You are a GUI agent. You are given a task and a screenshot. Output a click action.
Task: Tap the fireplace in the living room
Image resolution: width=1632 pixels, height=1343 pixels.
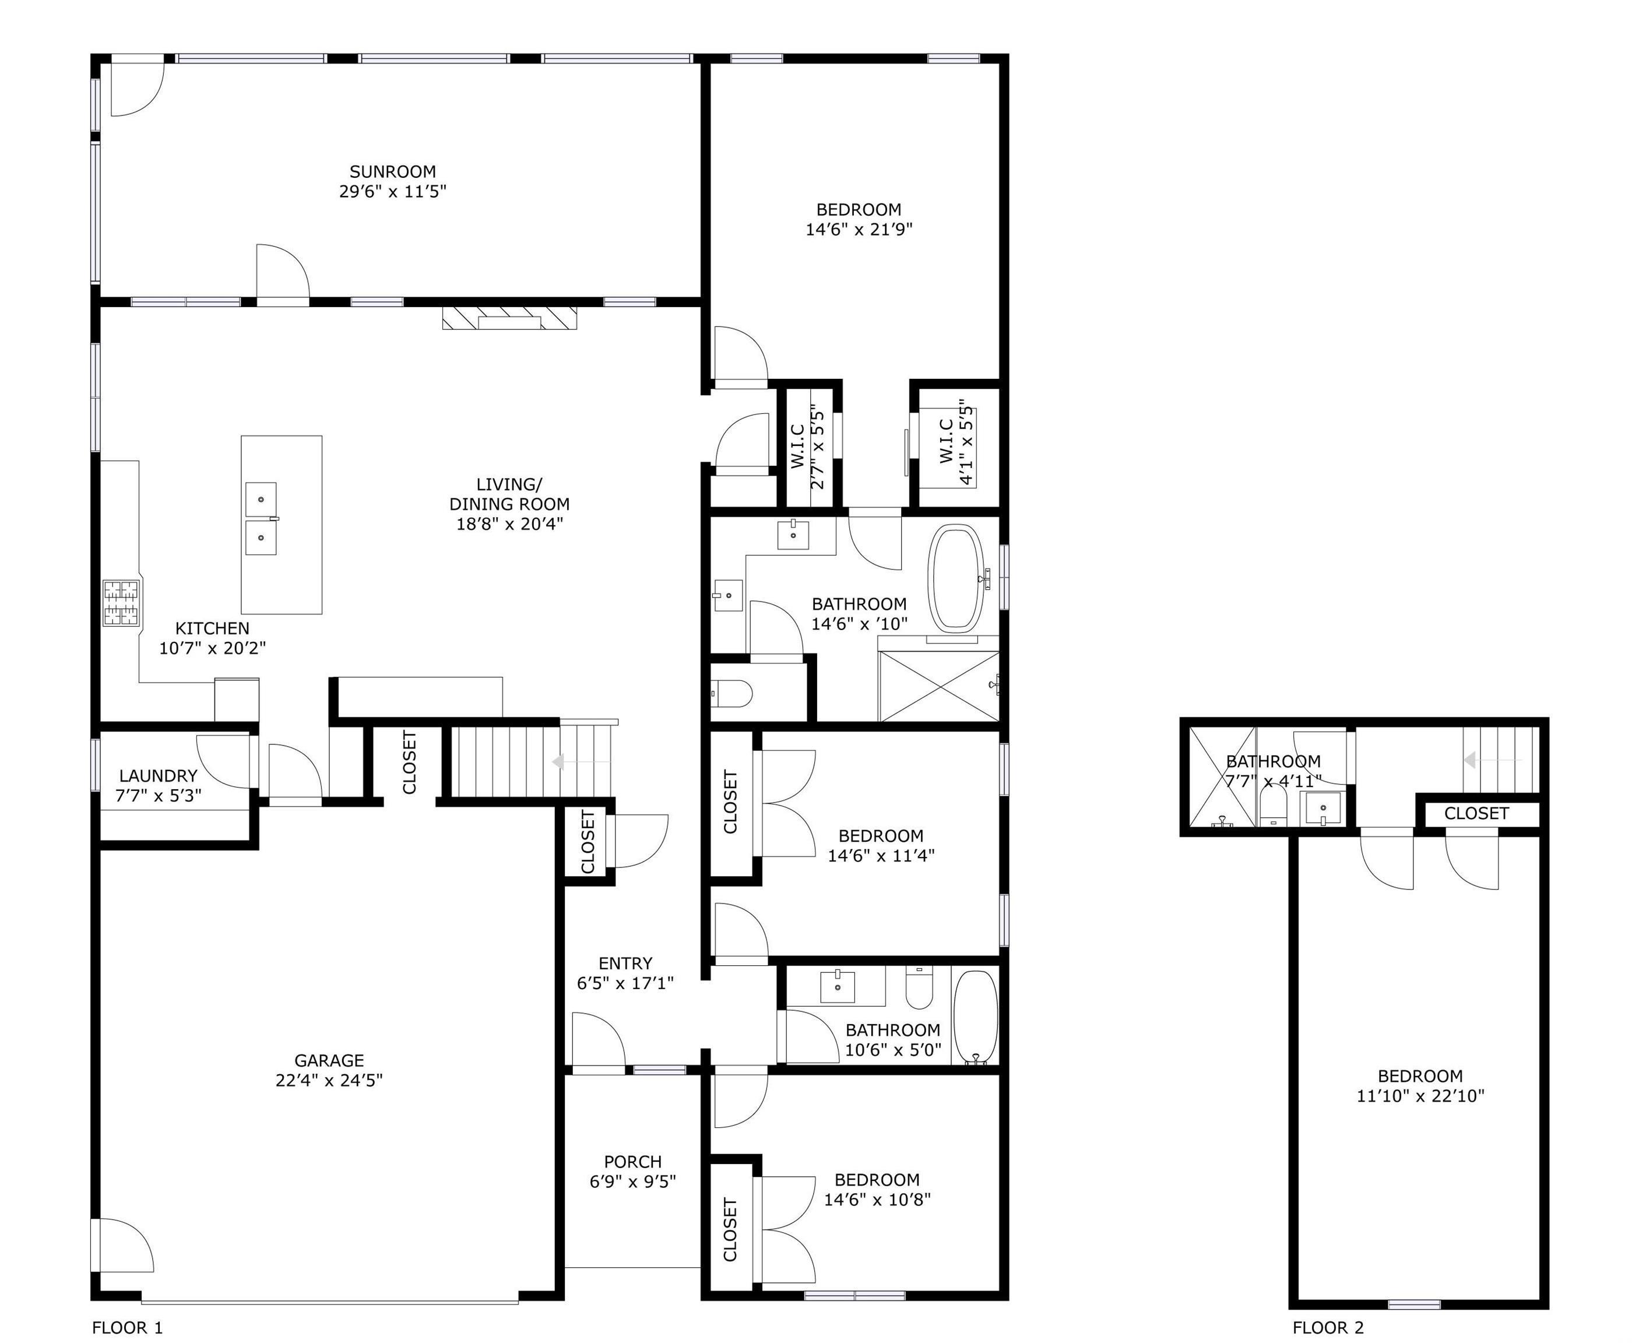click(x=509, y=318)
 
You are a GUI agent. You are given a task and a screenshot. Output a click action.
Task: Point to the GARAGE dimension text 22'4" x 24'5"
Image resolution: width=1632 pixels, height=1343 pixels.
click(x=329, y=1080)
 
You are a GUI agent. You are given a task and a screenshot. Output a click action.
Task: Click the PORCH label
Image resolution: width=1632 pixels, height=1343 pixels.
click(x=632, y=1162)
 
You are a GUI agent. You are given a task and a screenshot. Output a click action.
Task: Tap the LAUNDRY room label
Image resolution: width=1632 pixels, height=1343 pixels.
click(x=158, y=775)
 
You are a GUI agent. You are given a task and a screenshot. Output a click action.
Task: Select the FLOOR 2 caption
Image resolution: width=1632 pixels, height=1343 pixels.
click(x=1328, y=1327)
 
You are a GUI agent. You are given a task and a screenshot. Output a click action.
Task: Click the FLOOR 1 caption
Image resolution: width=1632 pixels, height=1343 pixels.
click(x=128, y=1327)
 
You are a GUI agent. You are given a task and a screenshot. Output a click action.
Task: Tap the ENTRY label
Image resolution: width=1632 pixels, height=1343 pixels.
click(x=625, y=963)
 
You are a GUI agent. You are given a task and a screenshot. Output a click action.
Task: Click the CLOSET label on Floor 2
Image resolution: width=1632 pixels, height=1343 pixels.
click(x=1476, y=813)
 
